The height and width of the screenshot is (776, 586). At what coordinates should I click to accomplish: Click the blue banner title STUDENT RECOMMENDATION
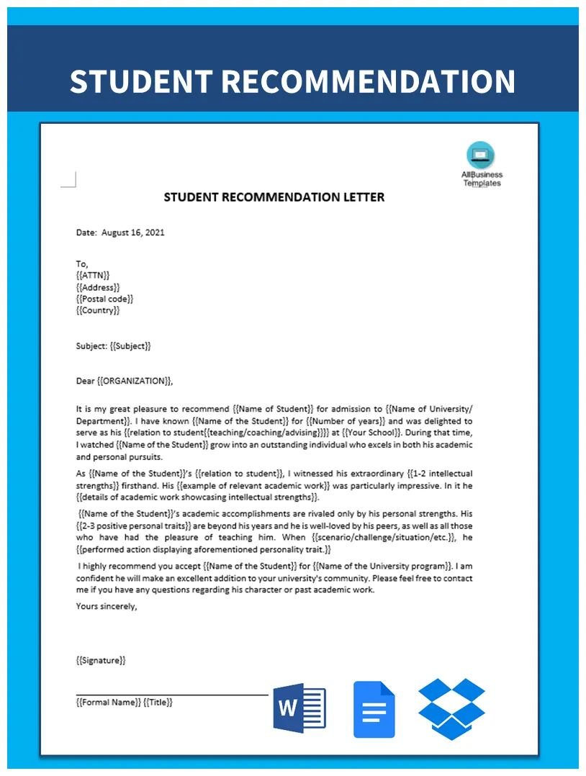tap(292, 81)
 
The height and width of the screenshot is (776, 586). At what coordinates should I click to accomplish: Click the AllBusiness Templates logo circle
tap(481, 155)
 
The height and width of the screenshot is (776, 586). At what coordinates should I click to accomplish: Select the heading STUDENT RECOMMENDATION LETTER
tap(274, 197)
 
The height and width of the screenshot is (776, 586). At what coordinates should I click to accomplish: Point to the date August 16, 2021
tap(133, 233)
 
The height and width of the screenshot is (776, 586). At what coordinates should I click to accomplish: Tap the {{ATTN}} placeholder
tap(93, 275)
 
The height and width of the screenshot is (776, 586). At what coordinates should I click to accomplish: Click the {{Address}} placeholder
tap(98, 287)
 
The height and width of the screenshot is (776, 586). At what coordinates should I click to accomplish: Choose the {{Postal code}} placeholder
tap(104, 298)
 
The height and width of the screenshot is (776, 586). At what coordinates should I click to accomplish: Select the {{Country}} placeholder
tap(98, 310)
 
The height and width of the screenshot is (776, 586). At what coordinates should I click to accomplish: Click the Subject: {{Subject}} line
tap(114, 346)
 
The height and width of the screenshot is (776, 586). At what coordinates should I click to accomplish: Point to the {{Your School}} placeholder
tap(370, 433)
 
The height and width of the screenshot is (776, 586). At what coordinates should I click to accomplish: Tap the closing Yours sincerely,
tap(107, 606)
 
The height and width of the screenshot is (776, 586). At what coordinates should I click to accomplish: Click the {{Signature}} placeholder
tap(101, 660)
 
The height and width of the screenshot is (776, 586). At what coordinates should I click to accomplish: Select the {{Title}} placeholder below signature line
tap(158, 702)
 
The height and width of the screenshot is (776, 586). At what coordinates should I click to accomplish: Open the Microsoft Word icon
tap(299, 709)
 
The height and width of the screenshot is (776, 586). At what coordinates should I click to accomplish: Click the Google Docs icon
tap(374, 709)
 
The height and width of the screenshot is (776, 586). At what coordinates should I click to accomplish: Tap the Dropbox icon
tap(451, 708)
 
